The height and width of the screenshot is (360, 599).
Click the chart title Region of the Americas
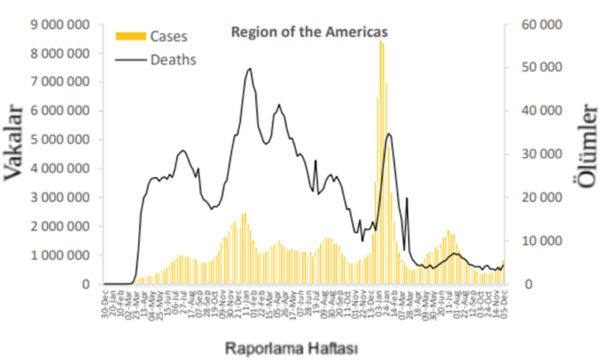pyautogui.click(x=309, y=32)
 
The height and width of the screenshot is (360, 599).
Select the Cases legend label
pyautogui.click(x=169, y=36)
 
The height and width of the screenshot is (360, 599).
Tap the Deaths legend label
pyautogui.click(x=174, y=59)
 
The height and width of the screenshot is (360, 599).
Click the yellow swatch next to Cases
pyautogui.click(x=130, y=36)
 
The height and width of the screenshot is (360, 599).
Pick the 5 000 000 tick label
pyautogui.click(x=58, y=140)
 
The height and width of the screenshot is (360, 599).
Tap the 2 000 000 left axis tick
pyautogui.click(x=58, y=227)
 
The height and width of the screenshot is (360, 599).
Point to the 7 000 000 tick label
pyautogui.click(x=58, y=82)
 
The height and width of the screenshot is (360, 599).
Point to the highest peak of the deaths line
pyautogui.click(x=250, y=69)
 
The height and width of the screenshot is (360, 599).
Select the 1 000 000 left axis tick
pyautogui.click(x=58, y=256)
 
